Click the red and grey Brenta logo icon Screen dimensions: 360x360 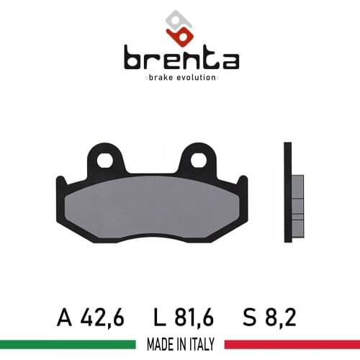click(x=179, y=26)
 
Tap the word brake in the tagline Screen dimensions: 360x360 click(x=163, y=77)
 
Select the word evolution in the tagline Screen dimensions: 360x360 click(x=197, y=77)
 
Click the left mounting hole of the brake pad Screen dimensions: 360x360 click(x=106, y=160)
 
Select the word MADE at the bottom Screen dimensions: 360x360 click(x=156, y=345)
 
